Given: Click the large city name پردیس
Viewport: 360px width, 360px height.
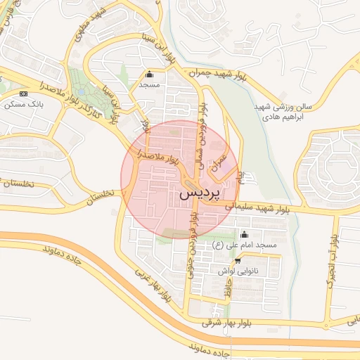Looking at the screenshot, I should pyautogui.click(x=200, y=192).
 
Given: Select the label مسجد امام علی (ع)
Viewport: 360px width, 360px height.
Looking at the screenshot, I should pyautogui.click(x=246, y=245).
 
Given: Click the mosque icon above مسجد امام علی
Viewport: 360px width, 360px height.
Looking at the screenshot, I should pyautogui.click(x=245, y=234).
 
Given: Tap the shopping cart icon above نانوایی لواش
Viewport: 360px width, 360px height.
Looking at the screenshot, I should pyautogui.click(x=237, y=260).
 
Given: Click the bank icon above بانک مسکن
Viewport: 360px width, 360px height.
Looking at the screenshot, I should pyautogui.click(x=24, y=94).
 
